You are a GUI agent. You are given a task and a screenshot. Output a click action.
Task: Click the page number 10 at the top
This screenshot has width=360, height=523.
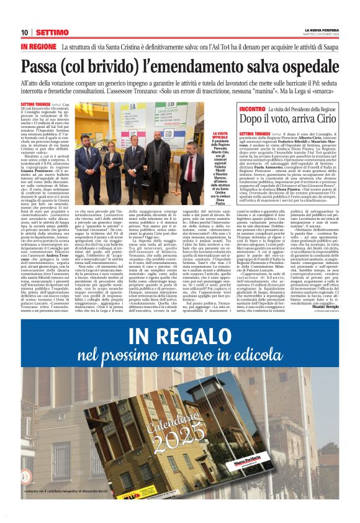coord(24,32)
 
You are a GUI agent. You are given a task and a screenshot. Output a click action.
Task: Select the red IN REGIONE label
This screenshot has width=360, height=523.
coord(38,47)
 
